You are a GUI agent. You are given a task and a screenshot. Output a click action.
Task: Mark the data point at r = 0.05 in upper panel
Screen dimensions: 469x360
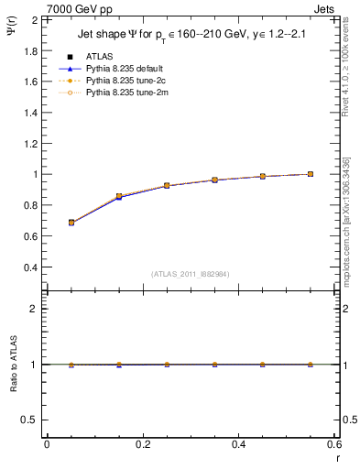(x=71, y=223)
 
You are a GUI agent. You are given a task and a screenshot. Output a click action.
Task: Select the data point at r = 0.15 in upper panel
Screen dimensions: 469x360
(x=119, y=197)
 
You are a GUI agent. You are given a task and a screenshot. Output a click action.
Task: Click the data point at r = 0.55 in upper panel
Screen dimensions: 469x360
(x=311, y=174)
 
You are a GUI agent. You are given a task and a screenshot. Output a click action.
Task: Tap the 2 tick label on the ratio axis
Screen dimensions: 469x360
(x=35, y=310)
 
